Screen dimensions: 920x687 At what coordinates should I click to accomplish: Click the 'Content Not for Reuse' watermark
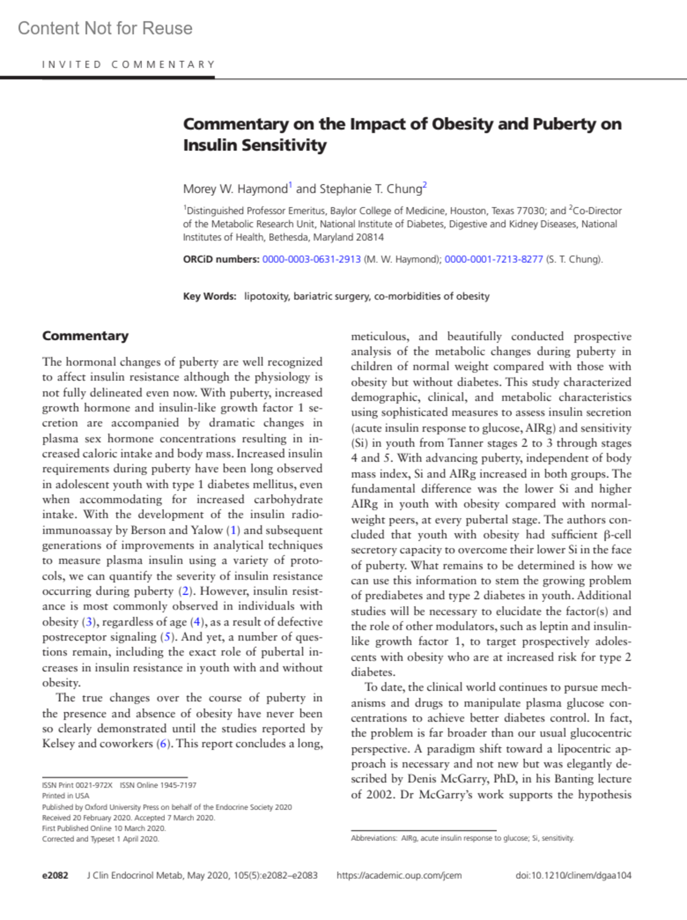pos(105,28)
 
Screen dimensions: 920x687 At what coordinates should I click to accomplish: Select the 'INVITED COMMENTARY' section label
pos(128,64)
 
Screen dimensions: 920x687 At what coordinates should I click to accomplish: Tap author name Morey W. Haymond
pos(235,188)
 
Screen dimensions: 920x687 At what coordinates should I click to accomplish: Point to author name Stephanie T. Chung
pos(371,188)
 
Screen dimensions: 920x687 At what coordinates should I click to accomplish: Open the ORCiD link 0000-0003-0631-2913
pos(311,259)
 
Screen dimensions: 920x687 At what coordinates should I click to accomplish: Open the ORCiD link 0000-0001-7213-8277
pos(493,259)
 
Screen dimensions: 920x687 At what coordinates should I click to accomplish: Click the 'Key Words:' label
pos(210,296)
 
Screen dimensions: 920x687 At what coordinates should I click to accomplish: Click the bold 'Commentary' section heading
pos(85,336)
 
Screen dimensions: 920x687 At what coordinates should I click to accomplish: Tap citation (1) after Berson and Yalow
pos(234,530)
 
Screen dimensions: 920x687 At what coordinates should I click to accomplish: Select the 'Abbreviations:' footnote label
pos(374,838)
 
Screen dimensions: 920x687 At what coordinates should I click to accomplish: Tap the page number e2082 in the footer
pos(55,875)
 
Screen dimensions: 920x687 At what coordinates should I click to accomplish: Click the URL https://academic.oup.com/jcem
pos(399,875)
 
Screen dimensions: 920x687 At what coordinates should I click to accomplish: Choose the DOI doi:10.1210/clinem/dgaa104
pos(573,875)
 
